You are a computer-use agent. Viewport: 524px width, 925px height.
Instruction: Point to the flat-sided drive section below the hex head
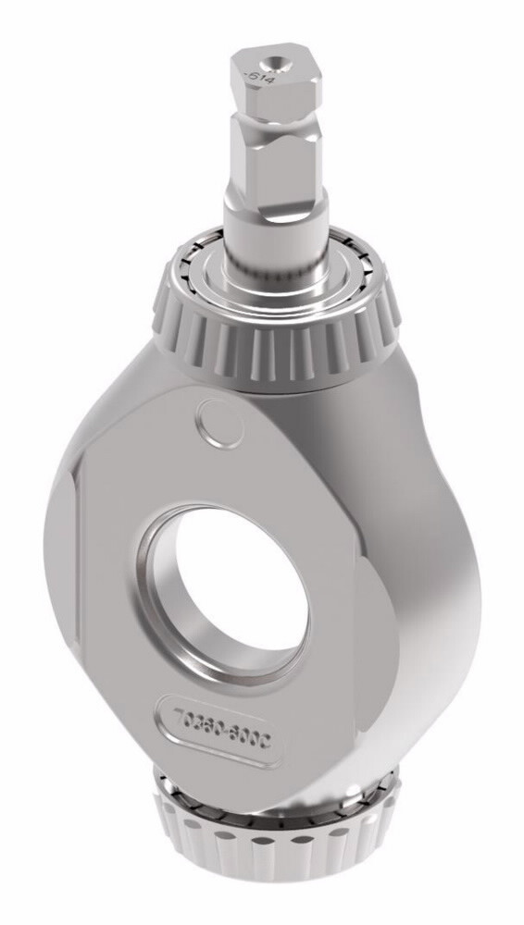[x=275, y=171]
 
